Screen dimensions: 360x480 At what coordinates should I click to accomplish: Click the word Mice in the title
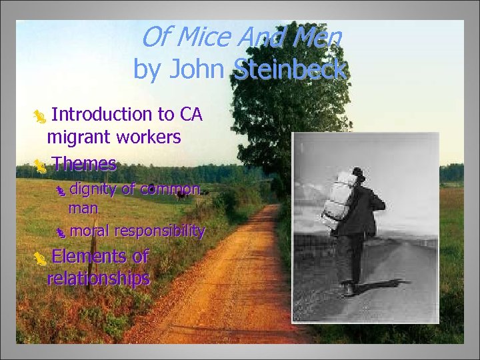click(x=201, y=38)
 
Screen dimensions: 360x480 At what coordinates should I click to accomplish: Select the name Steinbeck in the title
click(x=290, y=69)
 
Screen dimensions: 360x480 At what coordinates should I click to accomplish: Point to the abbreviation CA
click(x=191, y=115)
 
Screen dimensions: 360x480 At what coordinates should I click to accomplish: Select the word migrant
click(x=79, y=138)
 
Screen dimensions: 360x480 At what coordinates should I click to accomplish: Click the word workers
click(x=148, y=138)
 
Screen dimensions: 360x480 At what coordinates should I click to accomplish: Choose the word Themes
click(x=84, y=163)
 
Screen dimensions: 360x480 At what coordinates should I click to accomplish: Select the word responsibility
click(x=159, y=231)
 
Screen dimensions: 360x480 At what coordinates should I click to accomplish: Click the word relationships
click(x=98, y=278)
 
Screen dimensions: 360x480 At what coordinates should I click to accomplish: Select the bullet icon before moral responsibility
click(x=61, y=233)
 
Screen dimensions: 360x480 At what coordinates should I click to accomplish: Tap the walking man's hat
click(x=359, y=173)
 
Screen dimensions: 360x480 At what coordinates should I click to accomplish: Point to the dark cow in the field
click(x=179, y=195)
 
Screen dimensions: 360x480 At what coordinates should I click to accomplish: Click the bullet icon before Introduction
click(x=41, y=117)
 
